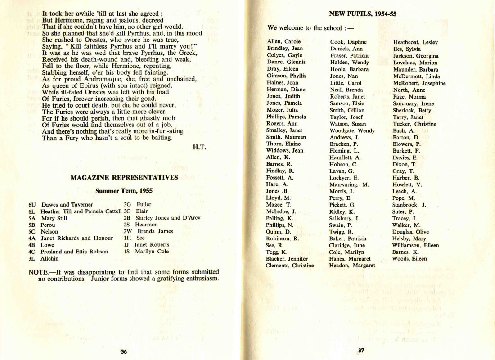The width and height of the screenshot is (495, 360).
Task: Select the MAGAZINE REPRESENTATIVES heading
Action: (124, 178)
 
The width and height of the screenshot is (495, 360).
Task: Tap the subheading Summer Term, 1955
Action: (124, 191)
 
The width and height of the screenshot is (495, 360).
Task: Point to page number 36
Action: (124, 351)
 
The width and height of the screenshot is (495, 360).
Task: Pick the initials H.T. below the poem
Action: (199, 147)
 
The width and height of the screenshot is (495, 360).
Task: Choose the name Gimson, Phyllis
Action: (286, 76)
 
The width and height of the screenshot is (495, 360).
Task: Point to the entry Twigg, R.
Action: (341, 232)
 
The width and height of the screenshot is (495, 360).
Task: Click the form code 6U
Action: (32, 204)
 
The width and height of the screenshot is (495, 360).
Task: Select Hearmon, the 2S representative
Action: (146, 225)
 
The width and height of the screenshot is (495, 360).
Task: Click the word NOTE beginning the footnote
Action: (38, 272)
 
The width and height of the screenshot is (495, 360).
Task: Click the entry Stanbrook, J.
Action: (409, 205)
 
